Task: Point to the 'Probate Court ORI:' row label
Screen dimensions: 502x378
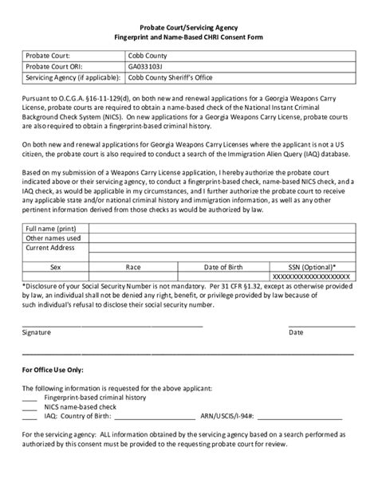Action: tap(57, 67)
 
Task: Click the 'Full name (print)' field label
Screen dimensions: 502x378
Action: tap(53, 227)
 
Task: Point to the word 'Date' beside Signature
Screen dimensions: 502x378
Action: tap(317, 332)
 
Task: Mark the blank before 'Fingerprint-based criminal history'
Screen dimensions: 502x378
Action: tap(30, 395)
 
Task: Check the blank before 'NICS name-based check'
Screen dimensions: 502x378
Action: tap(30, 406)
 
